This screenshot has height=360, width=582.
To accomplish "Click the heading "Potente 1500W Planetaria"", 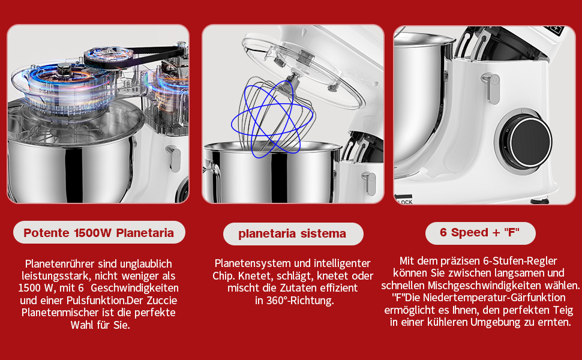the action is pos(99,233).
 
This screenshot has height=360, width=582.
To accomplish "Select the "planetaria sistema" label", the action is pos(292,233).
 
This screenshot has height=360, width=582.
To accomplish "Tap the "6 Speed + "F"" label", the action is pos(479,232).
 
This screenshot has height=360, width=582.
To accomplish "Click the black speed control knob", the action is pos(526,142).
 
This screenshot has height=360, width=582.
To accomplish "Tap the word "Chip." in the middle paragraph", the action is pos(224,276).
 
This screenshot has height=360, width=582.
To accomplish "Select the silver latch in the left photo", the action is pos(174,158).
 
